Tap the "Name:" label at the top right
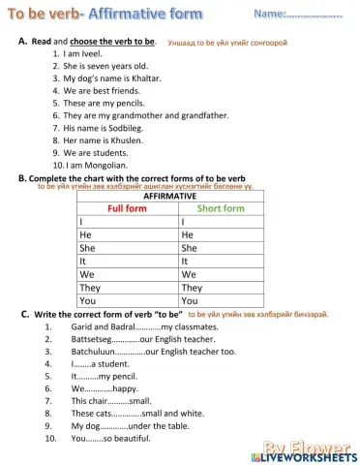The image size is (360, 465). click(x=270, y=15)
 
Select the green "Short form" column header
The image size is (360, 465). click(x=221, y=208)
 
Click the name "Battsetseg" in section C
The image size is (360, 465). click(x=92, y=340)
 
